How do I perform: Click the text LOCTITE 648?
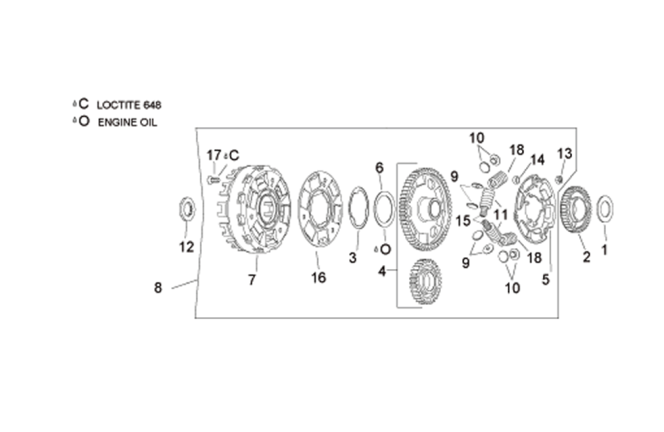pyautogui.click(x=129, y=105)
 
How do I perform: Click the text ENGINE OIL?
pyautogui.click(x=128, y=122)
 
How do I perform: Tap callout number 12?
pyautogui.click(x=186, y=247)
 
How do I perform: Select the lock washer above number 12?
pyautogui.click(x=186, y=209)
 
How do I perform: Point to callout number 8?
pyautogui.click(x=158, y=288)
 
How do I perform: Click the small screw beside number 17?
pyautogui.click(x=212, y=180)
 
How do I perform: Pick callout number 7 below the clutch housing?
pyautogui.click(x=252, y=279)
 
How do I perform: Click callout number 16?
pyautogui.click(x=318, y=278)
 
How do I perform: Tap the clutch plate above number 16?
pyautogui.click(x=320, y=209)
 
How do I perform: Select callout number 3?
pyautogui.click(x=353, y=257)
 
